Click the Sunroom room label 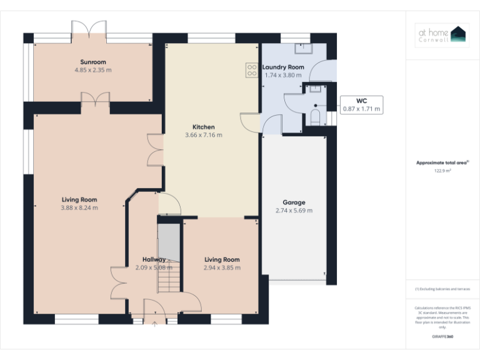92,62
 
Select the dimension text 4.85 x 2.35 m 92,70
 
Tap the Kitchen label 204,127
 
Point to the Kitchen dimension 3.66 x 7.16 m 204,135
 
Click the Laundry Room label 283,67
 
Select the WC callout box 361,104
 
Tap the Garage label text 294,202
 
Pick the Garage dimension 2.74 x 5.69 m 294,211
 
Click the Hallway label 154,259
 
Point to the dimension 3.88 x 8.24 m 79,207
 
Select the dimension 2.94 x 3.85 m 222,267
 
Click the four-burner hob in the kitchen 252,70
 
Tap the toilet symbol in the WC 315,116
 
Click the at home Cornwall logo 442,35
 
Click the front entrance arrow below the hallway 154,324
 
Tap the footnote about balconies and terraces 442,289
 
